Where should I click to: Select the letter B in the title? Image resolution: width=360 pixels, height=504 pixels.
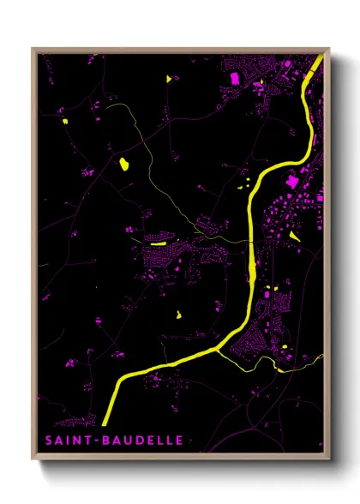106,441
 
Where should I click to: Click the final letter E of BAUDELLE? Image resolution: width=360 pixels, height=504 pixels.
179,441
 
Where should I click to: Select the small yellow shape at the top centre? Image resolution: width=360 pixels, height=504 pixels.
168,79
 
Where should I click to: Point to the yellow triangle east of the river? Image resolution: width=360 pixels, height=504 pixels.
294,234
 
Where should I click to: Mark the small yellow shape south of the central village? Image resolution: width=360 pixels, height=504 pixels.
178,312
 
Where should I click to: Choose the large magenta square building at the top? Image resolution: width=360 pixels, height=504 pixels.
233,78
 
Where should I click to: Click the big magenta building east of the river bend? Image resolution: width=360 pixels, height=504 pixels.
292,182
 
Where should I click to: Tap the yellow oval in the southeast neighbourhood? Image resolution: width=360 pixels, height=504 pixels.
284,345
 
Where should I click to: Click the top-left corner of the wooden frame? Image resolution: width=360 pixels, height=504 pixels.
33,48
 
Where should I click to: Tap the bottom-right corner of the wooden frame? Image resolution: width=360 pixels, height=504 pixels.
329,459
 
